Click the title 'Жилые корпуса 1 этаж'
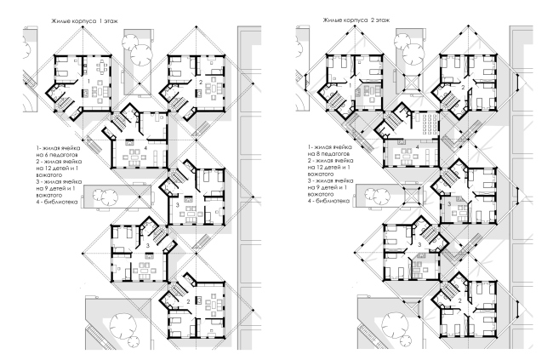(x=84, y=21)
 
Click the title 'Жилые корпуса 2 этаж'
(x=356, y=20)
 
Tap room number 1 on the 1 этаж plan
(x=89, y=82)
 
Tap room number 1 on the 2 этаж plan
(x=351, y=85)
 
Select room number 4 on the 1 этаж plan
(x=145, y=147)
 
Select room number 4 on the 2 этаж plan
(x=417, y=147)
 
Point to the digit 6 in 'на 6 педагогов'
(x=45, y=155)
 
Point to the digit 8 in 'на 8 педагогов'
(x=317, y=154)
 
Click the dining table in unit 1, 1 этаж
(x=102, y=66)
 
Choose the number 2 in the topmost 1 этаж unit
(x=200, y=83)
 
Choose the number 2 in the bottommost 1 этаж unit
(x=188, y=302)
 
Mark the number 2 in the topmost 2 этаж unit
(x=463, y=88)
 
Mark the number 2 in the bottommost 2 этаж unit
(x=460, y=300)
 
